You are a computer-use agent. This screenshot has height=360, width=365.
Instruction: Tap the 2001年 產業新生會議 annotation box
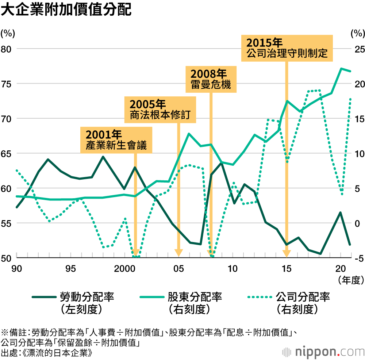click(x=116, y=140)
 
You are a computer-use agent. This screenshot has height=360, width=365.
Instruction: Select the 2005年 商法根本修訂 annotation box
click(x=161, y=110)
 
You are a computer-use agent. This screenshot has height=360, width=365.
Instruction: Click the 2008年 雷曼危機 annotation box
click(x=211, y=79)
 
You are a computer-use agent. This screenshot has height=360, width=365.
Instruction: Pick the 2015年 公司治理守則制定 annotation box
click(x=287, y=48)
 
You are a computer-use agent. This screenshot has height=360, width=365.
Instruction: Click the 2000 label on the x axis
click(x=124, y=269)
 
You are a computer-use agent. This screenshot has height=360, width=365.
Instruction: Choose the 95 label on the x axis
click(x=70, y=269)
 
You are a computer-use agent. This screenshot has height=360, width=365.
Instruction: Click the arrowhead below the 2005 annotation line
click(x=178, y=253)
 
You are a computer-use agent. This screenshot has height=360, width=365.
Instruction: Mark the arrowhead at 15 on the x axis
click(x=287, y=253)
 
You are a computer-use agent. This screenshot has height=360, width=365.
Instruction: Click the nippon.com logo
click(x=323, y=352)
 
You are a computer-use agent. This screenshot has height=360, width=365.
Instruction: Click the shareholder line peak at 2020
click(x=341, y=69)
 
